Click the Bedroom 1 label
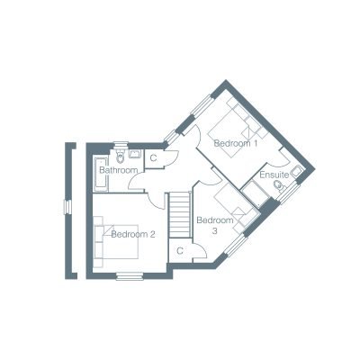click(x=236, y=143)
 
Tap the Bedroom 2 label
click(x=133, y=234)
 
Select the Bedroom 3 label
click(x=215, y=226)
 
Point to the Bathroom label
click(x=119, y=170)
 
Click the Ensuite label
click(x=274, y=175)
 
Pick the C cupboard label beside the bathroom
click(x=153, y=158)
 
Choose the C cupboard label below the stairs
click(x=180, y=251)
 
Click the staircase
click(x=180, y=215)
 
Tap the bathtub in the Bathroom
click(x=101, y=174)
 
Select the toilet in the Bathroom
click(x=121, y=156)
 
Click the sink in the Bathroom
click(x=135, y=154)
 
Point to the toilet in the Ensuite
click(x=281, y=186)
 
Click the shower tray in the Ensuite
click(x=256, y=194)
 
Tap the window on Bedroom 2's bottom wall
click(x=130, y=276)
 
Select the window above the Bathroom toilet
click(x=121, y=145)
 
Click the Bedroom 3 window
click(x=237, y=246)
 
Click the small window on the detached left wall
click(x=68, y=207)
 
